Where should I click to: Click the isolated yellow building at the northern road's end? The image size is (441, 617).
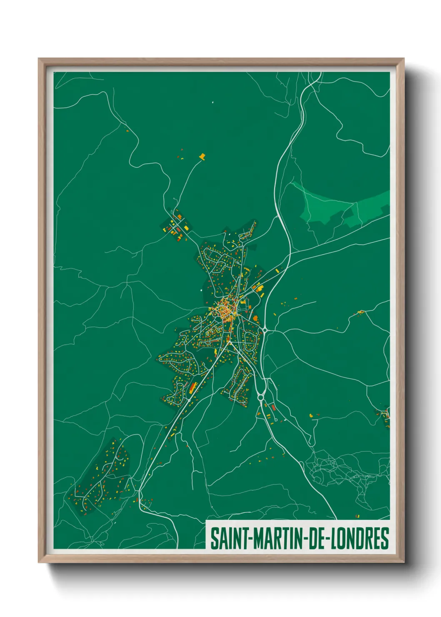pos(203,156)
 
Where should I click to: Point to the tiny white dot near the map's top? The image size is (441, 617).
pos(213,102)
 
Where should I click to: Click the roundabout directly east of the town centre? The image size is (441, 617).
pos(265,330)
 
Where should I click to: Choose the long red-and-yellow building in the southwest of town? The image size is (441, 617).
pos(193,387)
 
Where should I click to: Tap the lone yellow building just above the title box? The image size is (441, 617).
pos(357,516)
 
